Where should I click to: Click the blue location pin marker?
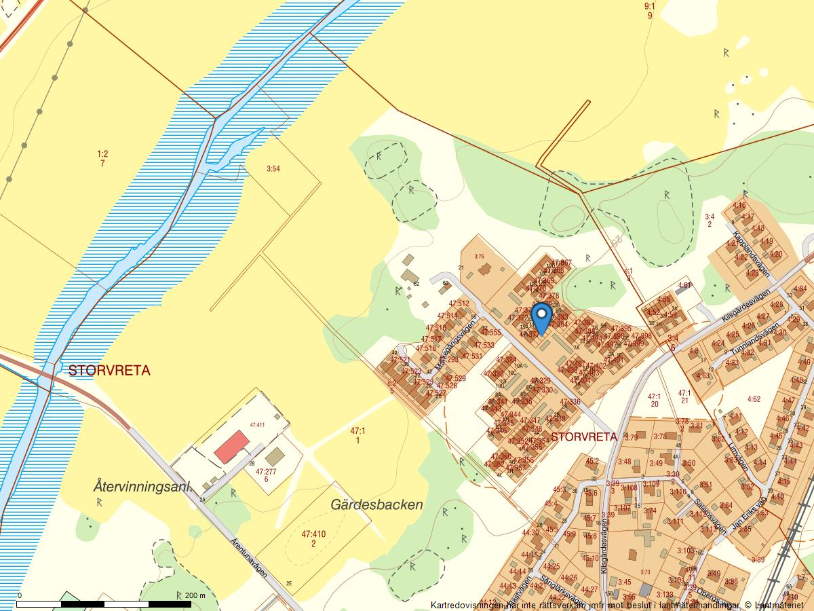tap(541, 318)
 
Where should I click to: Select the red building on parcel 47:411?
tap(231, 446)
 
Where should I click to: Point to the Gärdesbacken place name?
tap(376, 504)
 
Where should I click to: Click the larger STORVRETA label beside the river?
tap(109, 371)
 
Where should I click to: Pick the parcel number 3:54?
tap(273, 168)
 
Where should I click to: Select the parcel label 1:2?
tap(102, 154)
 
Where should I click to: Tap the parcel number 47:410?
tap(313, 534)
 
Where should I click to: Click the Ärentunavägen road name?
tap(248, 558)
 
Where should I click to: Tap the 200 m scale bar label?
tap(195, 595)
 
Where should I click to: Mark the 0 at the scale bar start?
tap(19, 595)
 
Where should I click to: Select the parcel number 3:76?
tap(479, 256)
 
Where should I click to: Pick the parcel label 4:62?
tap(753, 399)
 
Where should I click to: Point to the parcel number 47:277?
tap(267, 471)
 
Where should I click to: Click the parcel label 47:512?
tap(458, 303)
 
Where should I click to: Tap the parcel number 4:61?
tap(684, 285)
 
